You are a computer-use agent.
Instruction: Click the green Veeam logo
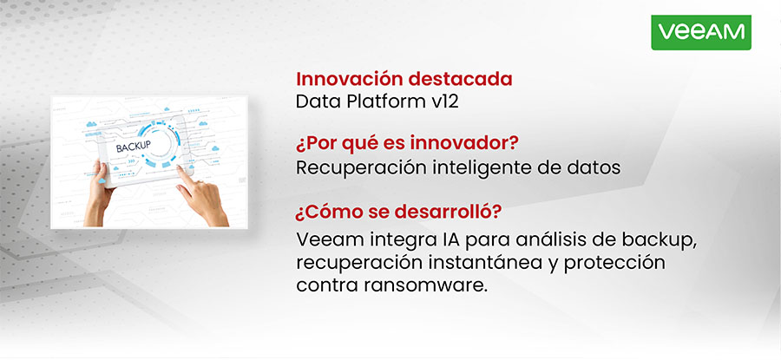pyautogui.click(x=700, y=32)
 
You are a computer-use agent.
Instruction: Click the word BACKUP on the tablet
pyautogui.click(x=133, y=144)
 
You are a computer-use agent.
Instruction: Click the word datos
pyautogui.click(x=595, y=167)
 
